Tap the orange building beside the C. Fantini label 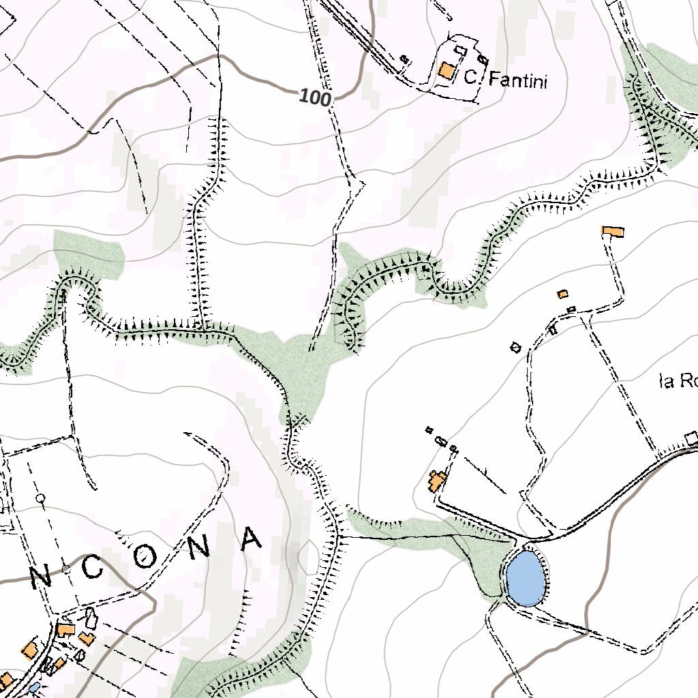447,71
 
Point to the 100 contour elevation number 315,98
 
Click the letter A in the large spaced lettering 252,538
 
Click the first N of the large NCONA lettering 42,579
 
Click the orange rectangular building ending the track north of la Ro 612,232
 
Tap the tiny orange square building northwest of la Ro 562,294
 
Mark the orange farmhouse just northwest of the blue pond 436,481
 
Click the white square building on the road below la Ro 692,437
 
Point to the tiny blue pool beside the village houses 34,688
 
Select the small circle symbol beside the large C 65,568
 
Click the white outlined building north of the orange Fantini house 461,50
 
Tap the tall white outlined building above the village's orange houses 91,618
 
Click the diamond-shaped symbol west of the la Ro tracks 516,348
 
